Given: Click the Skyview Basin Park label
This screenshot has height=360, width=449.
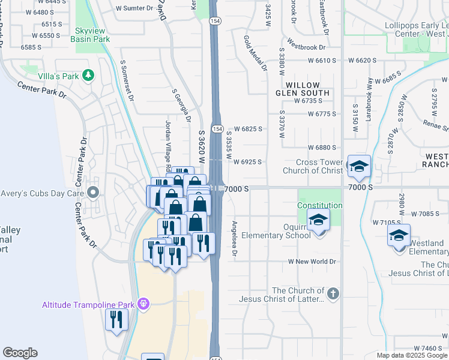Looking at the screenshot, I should pyautogui.click(x=90, y=34).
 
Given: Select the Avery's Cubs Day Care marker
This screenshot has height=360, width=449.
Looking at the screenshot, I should pyautogui.click(x=92, y=193).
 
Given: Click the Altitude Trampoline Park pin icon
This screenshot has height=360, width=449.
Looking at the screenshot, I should pyautogui.click(x=143, y=304).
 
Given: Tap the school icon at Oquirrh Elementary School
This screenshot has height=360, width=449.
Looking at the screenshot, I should pyautogui.click(x=319, y=220).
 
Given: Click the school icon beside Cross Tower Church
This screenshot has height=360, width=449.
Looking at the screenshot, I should pyautogui.click(x=359, y=167).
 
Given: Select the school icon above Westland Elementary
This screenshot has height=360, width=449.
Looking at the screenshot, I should pyautogui.click(x=399, y=236).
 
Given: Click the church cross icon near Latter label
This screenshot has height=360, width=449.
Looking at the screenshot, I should pyautogui.click(x=333, y=294).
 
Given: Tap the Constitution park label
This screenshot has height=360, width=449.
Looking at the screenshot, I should pyautogui.click(x=320, y=205).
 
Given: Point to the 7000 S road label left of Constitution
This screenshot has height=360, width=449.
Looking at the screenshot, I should pyautogui.click(x=238, y=188).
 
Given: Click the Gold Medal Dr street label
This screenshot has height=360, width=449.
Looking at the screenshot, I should pyautogui.click(x=255, y=53).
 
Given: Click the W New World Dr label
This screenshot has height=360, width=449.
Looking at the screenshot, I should pyautogui.click(x=312, y=262).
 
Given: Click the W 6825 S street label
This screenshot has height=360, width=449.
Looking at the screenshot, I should pyautogui.click(x=248, y=128).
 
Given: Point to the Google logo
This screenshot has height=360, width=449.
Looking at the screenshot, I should pyautogui.click(x=20, y=353).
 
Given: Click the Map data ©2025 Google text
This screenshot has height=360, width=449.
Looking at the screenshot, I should pyautogui.click(x=412, y=355).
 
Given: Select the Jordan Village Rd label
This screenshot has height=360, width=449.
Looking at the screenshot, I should pyautogui.click(x=169, y=144).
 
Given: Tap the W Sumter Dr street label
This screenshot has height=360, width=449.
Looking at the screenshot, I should pyautogui.click(x=135, y=8).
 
